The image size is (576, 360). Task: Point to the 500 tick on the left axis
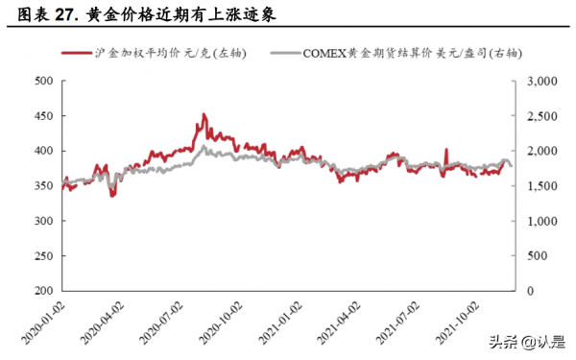(x=41, y=82)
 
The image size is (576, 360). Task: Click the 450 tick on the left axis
(x=41, y=116)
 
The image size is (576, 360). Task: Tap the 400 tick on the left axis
(x=41, y=151)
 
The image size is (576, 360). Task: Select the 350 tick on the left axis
(x=41, y=186)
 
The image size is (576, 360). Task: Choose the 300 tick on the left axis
(x=41, y=221)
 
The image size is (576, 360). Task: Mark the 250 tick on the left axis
(x=41, y=255)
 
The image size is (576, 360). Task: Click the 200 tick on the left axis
(x=41, y=291)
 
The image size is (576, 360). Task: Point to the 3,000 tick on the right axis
(x=540, y=82)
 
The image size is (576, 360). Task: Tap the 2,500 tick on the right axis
(x=540, y=116)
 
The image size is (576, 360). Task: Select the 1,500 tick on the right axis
(x=540, y=186)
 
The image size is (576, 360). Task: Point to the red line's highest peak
(x=203, y=114)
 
